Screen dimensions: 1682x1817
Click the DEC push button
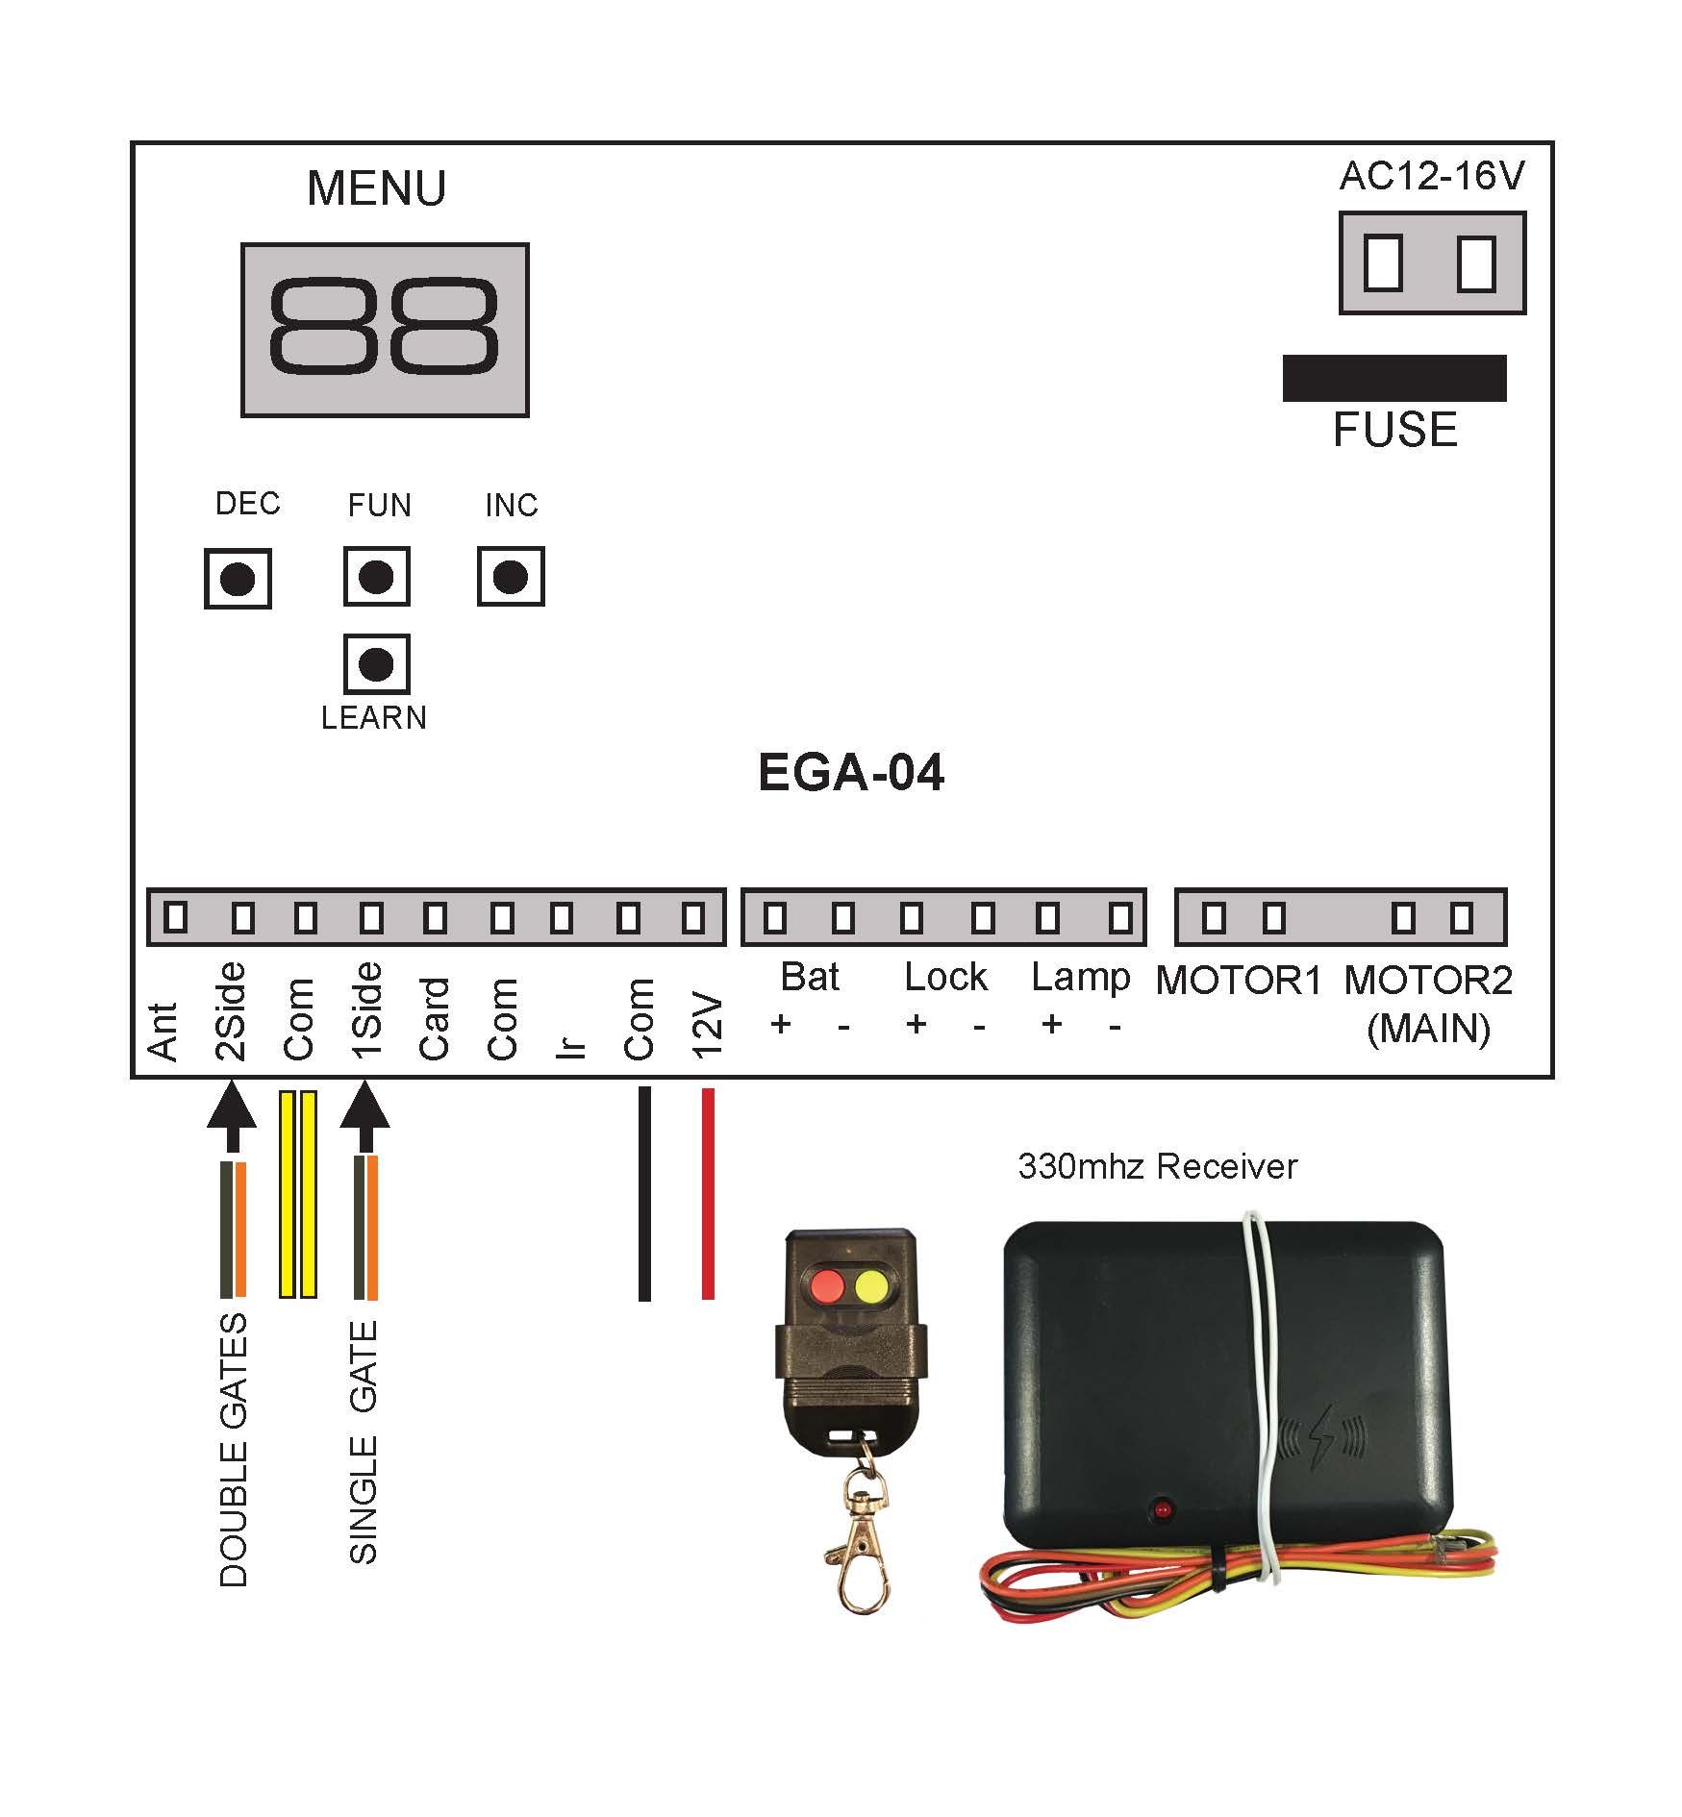point(238,579)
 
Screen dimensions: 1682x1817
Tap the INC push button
point(511,577)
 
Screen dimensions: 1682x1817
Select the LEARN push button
point(376,664)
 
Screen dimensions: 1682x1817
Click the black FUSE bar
point(1394,378)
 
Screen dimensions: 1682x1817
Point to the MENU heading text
point(376,188)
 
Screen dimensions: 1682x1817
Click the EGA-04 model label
point(851,772)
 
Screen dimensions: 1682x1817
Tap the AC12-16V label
point(1432,176)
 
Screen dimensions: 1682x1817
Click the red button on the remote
point(826,1284)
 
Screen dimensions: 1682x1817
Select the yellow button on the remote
point(871,1284)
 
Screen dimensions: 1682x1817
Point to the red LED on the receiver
point(1163,1509)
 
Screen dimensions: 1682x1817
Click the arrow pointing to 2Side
point(232,1116)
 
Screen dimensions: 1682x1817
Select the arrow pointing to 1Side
point(365,1116)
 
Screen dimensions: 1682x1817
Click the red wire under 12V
point(708,1193)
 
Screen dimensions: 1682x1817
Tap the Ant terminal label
point(163,1032)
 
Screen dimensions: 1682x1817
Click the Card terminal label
point(434,1019)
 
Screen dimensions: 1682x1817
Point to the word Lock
point(945,977)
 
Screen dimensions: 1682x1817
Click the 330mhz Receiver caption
point(1158,1166)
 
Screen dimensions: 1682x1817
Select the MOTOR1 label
point(1239,981)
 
